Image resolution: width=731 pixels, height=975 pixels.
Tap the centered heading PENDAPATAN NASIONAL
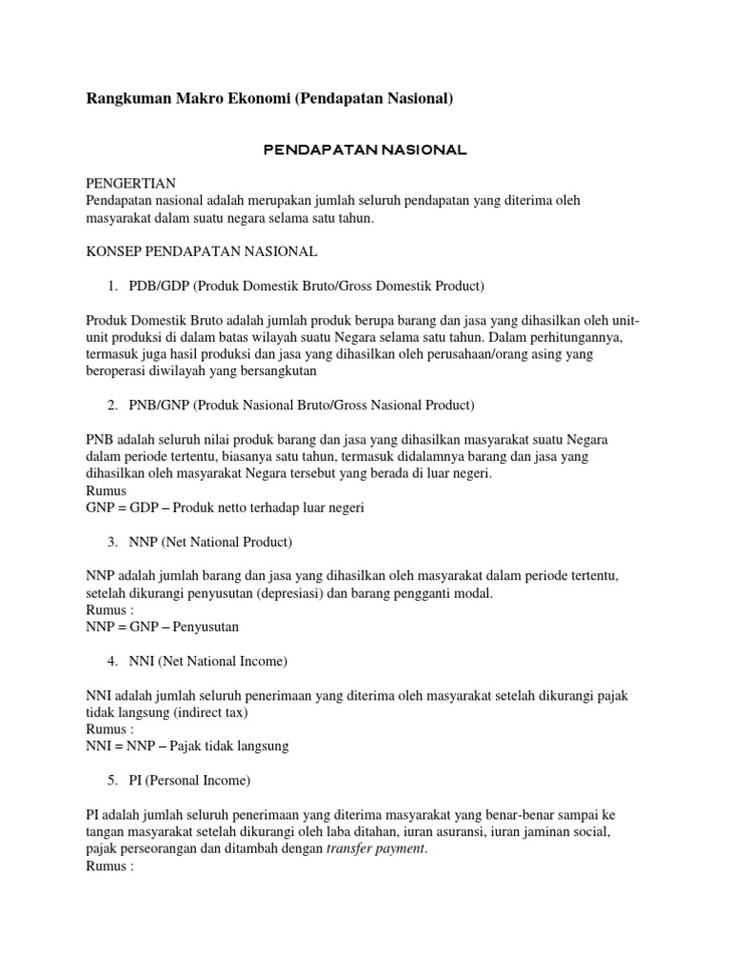coord(365,149)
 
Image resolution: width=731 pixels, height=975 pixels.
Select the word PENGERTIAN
coord(130,183)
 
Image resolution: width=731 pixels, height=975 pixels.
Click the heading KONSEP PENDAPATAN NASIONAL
coord(201,251)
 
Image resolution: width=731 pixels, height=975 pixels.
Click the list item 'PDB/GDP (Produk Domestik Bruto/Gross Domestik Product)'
coord(306,286)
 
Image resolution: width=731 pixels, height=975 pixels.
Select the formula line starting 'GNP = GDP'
coord(225,507)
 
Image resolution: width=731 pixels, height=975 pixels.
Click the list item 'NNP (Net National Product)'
coord(210,542)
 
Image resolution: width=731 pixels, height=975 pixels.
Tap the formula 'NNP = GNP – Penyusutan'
coord(163,627)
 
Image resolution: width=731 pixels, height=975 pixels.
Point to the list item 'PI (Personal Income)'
coord(189,781)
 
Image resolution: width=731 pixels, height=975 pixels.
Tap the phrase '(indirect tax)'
coord(220,712)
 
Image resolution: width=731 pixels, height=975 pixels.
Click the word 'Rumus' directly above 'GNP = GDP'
coord(106,490)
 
